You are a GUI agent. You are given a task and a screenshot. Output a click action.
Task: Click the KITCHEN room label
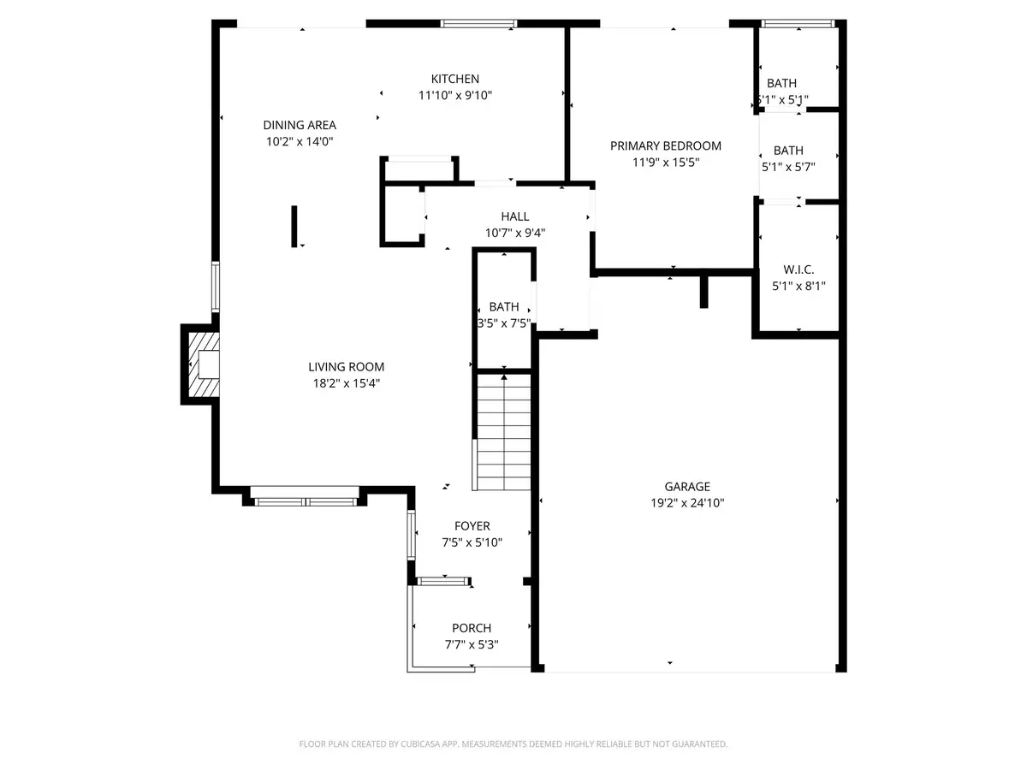pyautogui.click(x=454, y=80)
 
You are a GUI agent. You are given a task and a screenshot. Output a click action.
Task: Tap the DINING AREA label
pyautogui.click(x=300, y=125)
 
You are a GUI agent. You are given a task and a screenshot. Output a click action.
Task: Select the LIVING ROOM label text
pyautogui.click(x=346, y=367)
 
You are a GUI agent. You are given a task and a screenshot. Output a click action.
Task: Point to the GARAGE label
pyautogui.click(x=688, y=487)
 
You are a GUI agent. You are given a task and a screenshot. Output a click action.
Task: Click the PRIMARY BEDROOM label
pyautogui.click(x=665, y=145)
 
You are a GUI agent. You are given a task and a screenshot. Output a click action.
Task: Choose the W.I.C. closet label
pyautogui.click(x=798, y=269)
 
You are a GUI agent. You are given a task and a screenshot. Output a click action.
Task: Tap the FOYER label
pyautogui.click(x=472, y=526)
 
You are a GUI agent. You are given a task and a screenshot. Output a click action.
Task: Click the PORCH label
pyautogui.click(x=472, y=628)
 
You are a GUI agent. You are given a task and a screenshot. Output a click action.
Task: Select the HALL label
pyautogui.click(x=515, y=216)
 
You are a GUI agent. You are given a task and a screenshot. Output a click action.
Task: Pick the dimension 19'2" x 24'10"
pyautogui.click(x=688, y=503)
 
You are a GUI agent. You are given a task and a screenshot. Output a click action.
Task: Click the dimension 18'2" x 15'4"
pyautogui.click(x=346, y=383)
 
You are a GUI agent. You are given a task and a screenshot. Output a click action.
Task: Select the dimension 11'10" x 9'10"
pyautogui.click(x=454, y=96)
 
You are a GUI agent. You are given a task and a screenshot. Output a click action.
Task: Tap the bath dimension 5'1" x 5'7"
pyautogui.click(x=787, y=168)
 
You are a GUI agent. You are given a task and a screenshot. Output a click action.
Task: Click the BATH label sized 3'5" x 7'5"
pyautogui.click(x=504, y=306)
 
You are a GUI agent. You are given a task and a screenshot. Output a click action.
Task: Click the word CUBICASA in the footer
pyautogui.click(x=422, y=744)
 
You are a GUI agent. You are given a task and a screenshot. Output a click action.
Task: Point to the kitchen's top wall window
pyautogui.click(x=478, y=23)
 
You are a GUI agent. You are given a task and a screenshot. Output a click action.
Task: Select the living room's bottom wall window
pyautogui.click(x=306, y=501)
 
